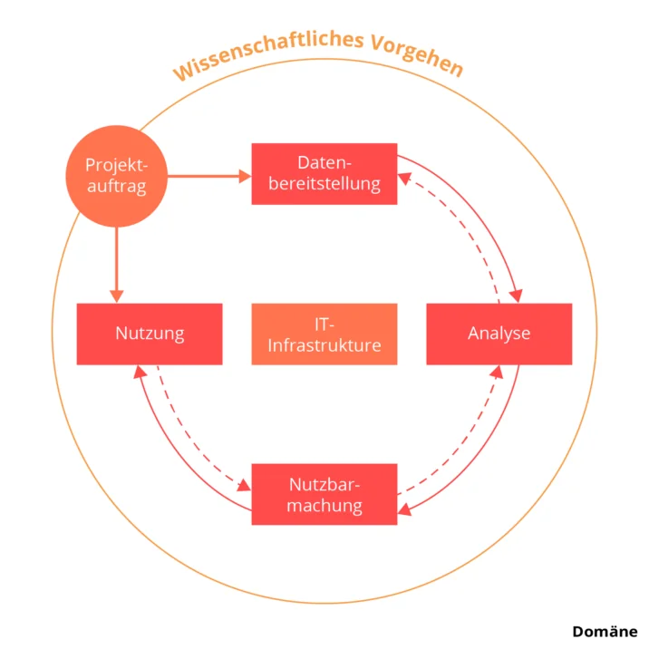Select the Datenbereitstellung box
[x=324, y=174]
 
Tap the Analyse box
[x=499, y=334]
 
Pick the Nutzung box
[x=150, y=334]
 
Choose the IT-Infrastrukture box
[x=324, y=334]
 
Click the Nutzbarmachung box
[x=324, y=494]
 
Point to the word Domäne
[x=605, y=632]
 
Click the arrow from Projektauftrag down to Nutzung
[x=115, y=263]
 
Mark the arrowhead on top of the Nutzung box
[x=115, y=295]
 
